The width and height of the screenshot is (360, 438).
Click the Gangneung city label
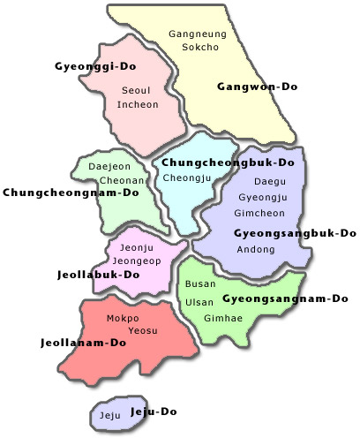198,34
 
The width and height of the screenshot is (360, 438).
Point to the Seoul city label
137,90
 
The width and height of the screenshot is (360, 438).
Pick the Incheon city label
138,104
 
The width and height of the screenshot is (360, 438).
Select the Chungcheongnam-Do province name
71,192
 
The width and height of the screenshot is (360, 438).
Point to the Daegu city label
265,180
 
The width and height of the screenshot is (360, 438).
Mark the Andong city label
256,249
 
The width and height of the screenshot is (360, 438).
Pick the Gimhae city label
217,317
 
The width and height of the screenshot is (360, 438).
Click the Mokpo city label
122,318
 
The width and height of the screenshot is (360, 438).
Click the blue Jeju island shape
109,415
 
